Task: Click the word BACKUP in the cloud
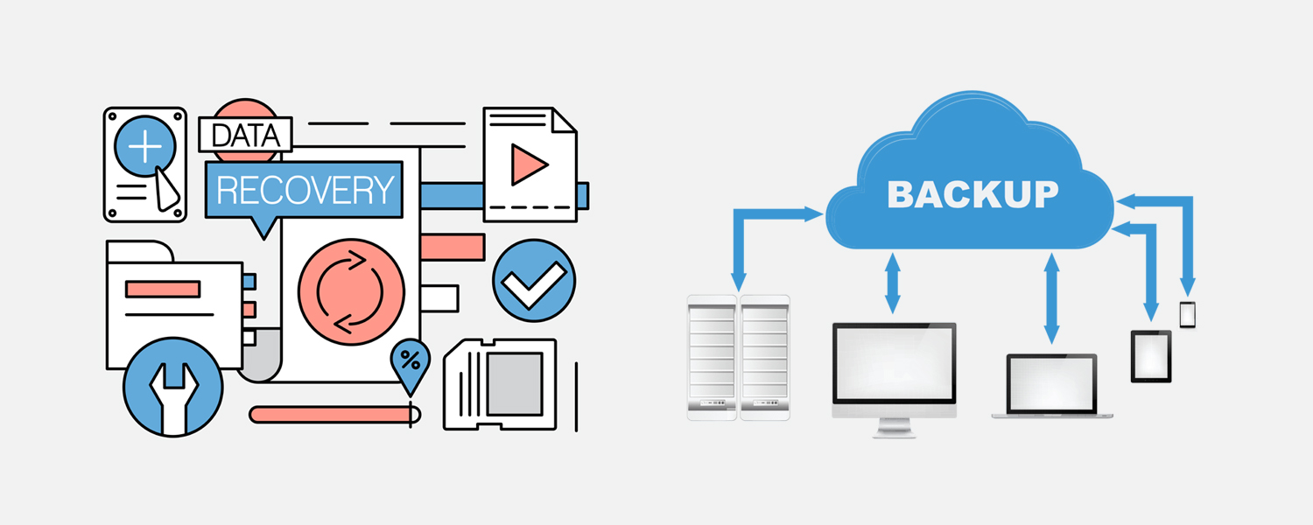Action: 972,194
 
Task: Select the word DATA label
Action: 245,136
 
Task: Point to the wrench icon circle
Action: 172,386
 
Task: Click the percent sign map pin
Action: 410,360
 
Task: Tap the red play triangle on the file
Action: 527,164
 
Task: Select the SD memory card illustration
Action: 501,383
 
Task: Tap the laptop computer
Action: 1051,386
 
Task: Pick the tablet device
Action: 1151,355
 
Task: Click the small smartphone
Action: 1187,314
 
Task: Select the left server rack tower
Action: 712,357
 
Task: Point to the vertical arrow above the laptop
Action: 1051,297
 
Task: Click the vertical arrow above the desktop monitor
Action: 893,283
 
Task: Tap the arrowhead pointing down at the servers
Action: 737,281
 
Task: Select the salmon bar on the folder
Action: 163,289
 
